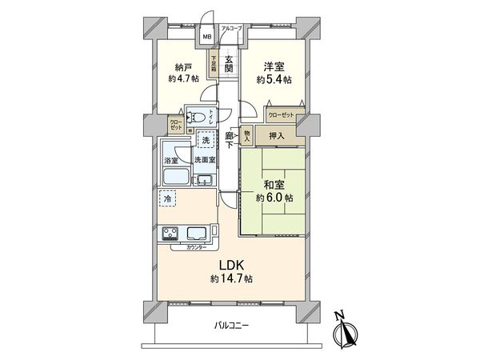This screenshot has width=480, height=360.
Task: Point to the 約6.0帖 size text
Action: [273, 197]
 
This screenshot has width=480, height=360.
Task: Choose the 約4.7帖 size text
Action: [184, 79]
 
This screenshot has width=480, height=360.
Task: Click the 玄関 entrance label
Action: [229, 61]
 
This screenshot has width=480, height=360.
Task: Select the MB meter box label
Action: [206, 37]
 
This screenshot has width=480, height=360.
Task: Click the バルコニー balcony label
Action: [232, 326]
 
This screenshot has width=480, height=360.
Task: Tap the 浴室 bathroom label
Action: [171, 159]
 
